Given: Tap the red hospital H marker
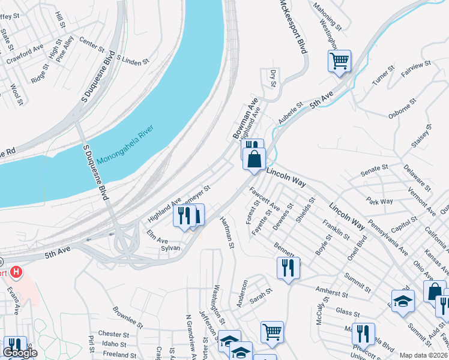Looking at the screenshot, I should click(x=17, y=272).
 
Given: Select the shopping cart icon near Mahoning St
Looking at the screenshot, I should click(x=339, y=61).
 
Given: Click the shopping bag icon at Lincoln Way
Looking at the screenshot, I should click(x=255, y=159).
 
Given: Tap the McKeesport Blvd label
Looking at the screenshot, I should click(x=293, y=27).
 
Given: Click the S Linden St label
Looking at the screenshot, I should click(x=132, y=61).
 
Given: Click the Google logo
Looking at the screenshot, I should click(x=20, y=353).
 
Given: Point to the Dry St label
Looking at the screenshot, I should click(x=273, y=78).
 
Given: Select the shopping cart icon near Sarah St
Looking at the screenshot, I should click(x=272, y=331).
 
